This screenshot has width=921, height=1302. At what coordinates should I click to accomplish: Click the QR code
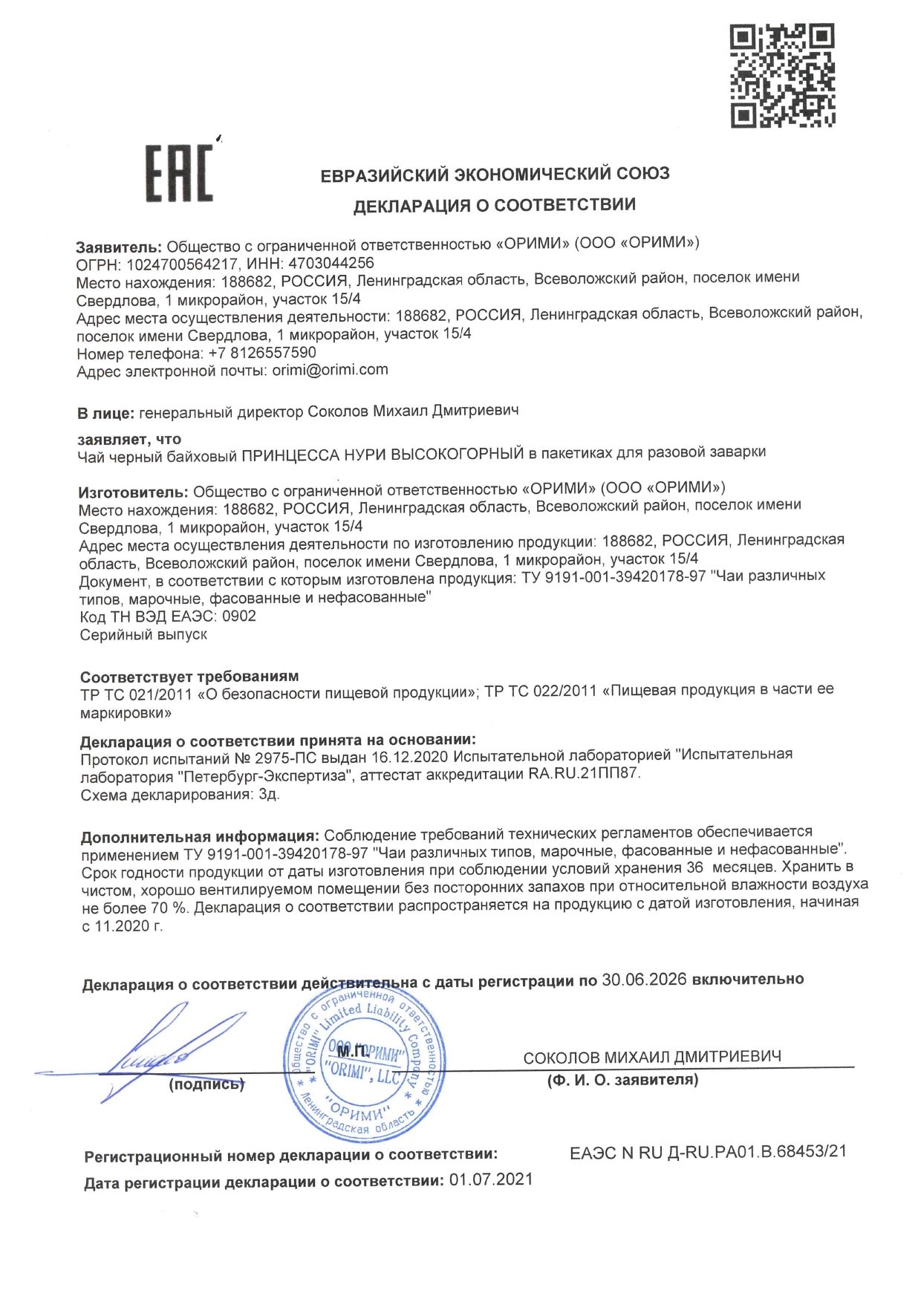[782, 75]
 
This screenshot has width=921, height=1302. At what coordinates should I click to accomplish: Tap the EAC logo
[179, 172]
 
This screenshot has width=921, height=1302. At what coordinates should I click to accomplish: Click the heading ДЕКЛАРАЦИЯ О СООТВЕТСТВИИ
[494, 206]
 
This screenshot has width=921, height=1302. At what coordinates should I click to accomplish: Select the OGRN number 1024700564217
[183, 264]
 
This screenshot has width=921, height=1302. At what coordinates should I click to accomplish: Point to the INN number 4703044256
[331, 263]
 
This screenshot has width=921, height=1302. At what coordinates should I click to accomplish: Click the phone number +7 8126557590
[263, 353]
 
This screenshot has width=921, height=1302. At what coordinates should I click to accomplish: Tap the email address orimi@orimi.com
[330, 370]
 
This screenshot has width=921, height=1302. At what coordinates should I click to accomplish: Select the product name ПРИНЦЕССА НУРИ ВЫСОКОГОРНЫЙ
[383, 454]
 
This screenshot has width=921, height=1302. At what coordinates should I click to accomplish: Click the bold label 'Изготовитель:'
[134, 492]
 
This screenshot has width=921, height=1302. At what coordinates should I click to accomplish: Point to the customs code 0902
[239, 616]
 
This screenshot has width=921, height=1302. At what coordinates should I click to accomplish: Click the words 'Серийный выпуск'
[143, 635]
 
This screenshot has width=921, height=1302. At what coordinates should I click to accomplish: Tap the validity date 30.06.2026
[644, 980]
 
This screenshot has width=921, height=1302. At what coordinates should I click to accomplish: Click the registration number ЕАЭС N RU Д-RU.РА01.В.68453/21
[708, 1152]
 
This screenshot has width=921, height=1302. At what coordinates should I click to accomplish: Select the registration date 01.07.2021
[491, 1180]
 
